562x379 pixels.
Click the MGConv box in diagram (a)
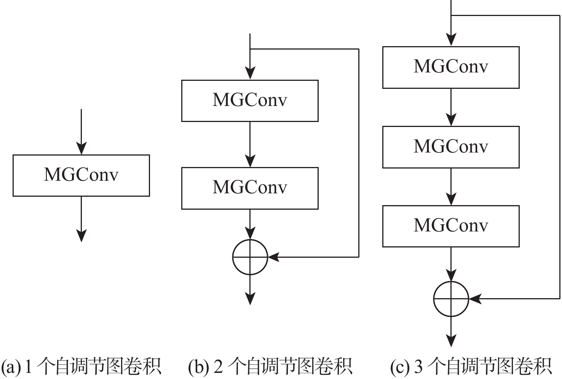point(81,175)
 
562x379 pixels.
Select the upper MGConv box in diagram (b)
point(250,101)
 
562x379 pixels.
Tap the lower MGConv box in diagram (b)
point(250,188)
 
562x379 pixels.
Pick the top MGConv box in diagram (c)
point(451,67)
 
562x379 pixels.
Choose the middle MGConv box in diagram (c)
point(451,147)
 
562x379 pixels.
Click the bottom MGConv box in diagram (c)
point(451,226)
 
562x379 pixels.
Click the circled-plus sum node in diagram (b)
point(250,257)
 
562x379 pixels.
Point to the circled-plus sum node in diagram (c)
point(451,299)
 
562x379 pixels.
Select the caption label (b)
point(198,366)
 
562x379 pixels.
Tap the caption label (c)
point(399,366)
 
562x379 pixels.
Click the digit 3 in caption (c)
point(418,366)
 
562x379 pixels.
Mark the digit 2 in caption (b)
point(218,366)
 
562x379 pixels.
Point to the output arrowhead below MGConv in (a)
point(81,236)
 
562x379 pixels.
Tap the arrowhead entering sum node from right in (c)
point(475,299)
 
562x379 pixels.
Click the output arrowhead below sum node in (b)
point(250,299)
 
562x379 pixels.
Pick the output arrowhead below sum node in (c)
point(451,340)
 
